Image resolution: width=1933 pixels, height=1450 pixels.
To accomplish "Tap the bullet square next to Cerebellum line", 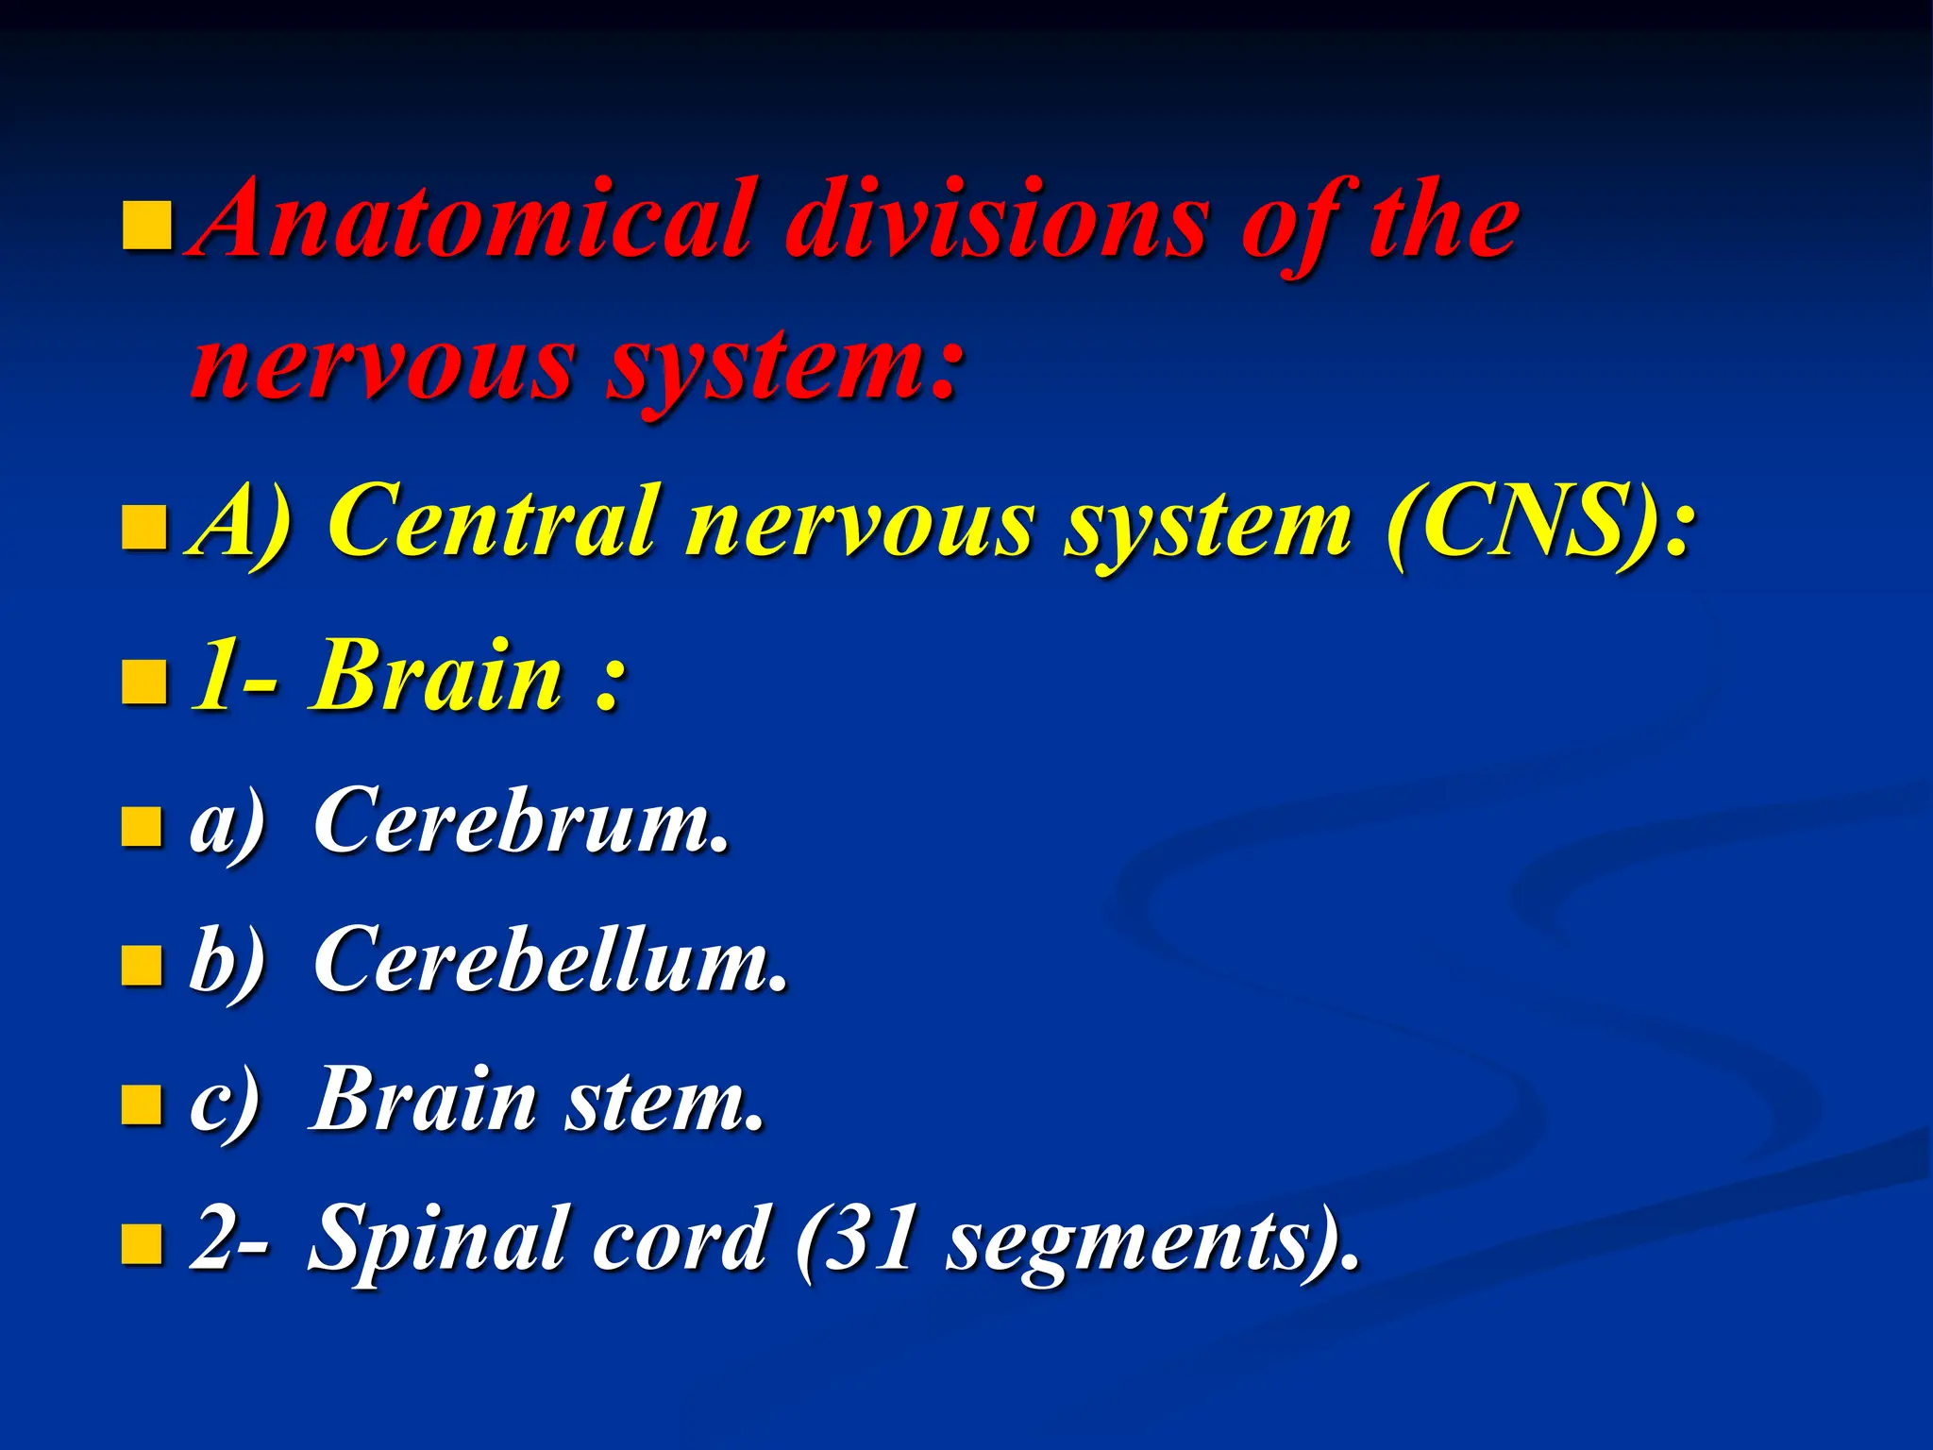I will coord(143,965).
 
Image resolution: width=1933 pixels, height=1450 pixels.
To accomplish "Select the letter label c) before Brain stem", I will coord(225,1103).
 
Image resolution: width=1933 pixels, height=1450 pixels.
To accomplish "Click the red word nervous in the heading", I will coord(382,368).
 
